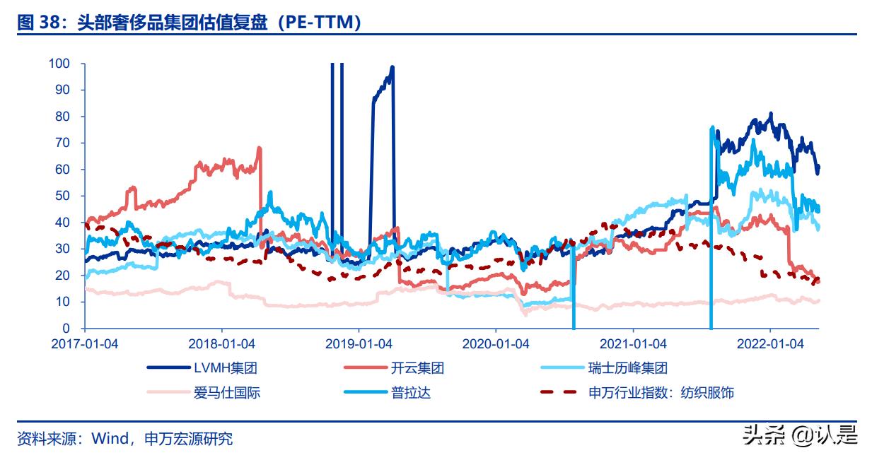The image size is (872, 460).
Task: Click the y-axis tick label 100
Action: [x=59, y=64]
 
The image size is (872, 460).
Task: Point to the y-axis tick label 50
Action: [x=63, y=196]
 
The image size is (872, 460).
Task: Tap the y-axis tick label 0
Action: [x=66, y=329]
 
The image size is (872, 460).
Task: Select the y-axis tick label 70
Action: [x=63, y=143]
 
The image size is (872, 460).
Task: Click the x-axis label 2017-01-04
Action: [x=85, y=344]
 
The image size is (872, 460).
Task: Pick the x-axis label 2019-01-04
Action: [x=359, y=344]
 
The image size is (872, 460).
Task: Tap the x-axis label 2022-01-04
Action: [x=770, y=344]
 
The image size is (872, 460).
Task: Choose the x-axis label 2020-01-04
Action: [x=496, y=344]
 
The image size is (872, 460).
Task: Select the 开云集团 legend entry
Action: [x=417, y=368]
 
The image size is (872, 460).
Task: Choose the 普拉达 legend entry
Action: [x=410, y=392]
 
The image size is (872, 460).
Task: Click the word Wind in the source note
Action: [x=108, y=439]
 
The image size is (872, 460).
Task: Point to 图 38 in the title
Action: [x=35, y=23]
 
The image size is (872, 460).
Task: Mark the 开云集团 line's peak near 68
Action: [x=260, y=148]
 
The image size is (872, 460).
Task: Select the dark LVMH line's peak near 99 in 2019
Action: [x=393, y=67]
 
